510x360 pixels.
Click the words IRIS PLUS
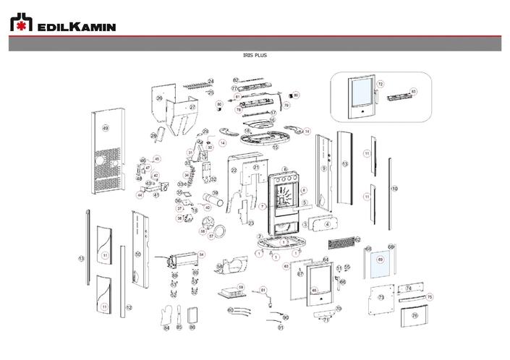point(255,55)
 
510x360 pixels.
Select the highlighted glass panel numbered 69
point(379,264)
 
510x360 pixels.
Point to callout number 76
point(415,315)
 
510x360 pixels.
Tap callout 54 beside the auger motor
point(202,254)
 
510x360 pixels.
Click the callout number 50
point(138,254)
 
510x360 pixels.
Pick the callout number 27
point(192,107)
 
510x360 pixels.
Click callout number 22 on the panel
point(234,171)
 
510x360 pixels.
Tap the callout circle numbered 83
point(414,91)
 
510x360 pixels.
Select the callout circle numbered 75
point(429,296)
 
